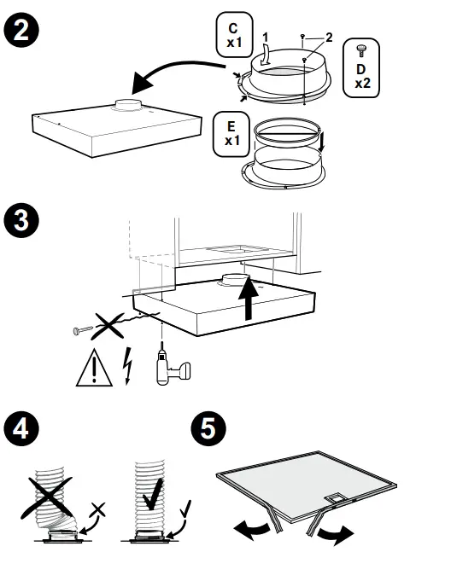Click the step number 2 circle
tap(21, 30)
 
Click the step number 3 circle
tap(21, 220)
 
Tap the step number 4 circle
tap(21, 428)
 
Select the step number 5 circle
tap(208, 428)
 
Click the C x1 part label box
tap(234, 35)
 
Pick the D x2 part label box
tap(361, 67)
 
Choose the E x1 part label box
tap(231, 134)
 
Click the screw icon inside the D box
tap(362, 50)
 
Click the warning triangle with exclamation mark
tap(94, 369)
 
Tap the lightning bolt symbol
tap(128, 366)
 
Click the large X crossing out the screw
tap(108, 326)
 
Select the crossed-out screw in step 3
tap(83, 330)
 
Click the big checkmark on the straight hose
tap(153, 494)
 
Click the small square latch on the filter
tap(335, 498)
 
